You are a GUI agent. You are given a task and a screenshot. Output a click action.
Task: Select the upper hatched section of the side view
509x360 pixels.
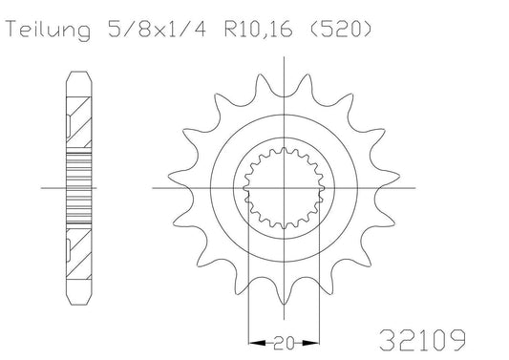pos(80,119)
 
